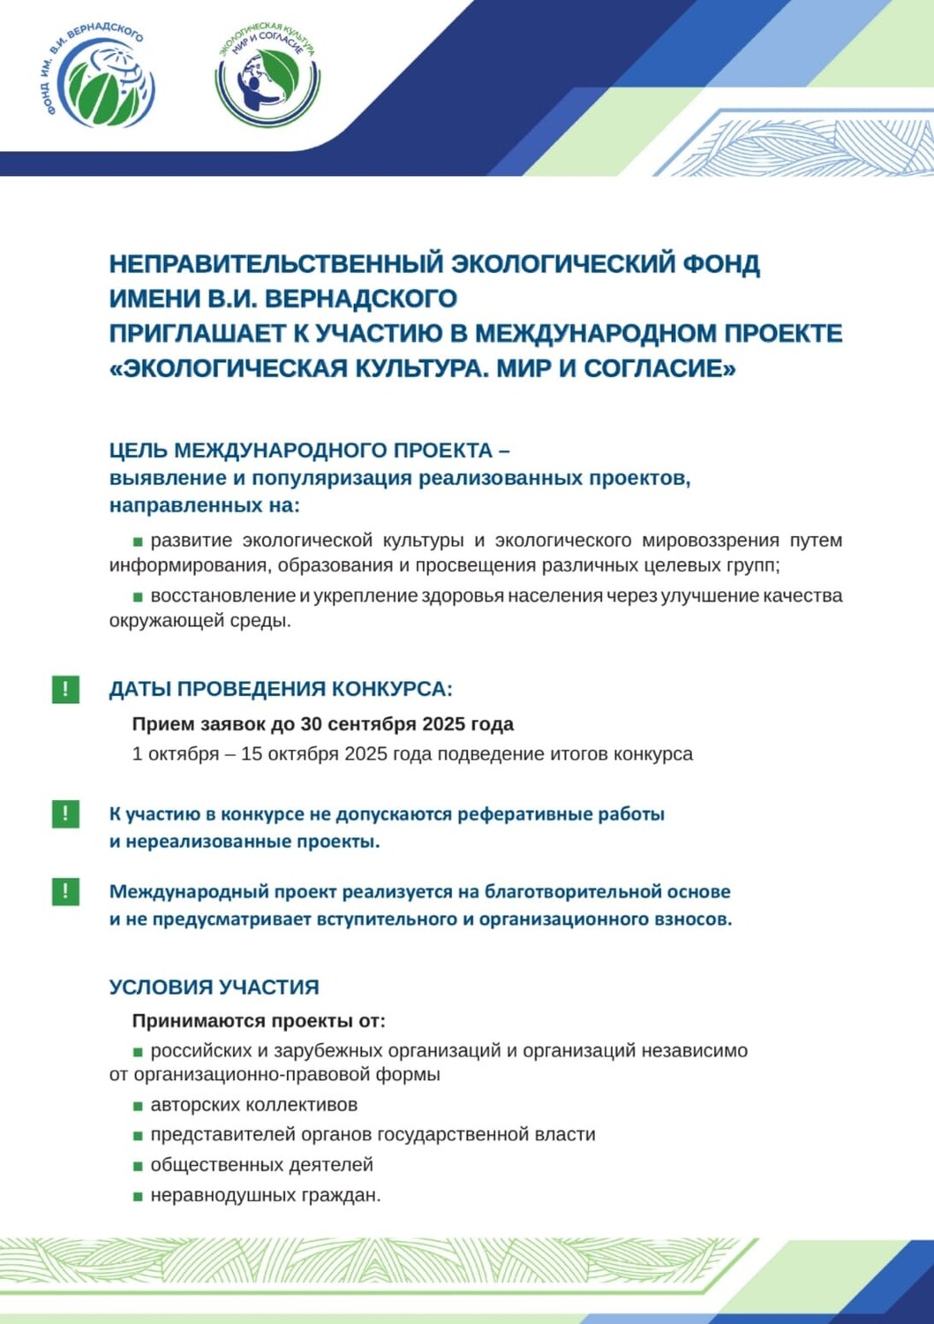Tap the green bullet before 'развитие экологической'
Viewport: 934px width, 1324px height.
click(138, 541)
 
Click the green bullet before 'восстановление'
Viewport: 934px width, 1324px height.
click(138, 596)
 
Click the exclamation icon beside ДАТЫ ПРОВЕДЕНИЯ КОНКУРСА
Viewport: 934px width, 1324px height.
click(65, 689)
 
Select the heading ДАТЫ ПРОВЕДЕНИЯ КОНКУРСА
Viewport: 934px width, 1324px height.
click(281, 689)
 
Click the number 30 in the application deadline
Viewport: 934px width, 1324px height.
click(312, 724)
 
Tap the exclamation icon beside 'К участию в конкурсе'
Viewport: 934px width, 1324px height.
click(65, 813)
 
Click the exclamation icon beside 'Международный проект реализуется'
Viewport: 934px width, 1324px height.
click(65, 891)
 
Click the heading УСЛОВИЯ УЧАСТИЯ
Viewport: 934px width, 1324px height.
click(214, 987)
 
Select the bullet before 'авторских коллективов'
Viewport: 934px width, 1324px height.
click(138, 1106)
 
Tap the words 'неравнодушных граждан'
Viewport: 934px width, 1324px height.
click(265, 1195)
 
